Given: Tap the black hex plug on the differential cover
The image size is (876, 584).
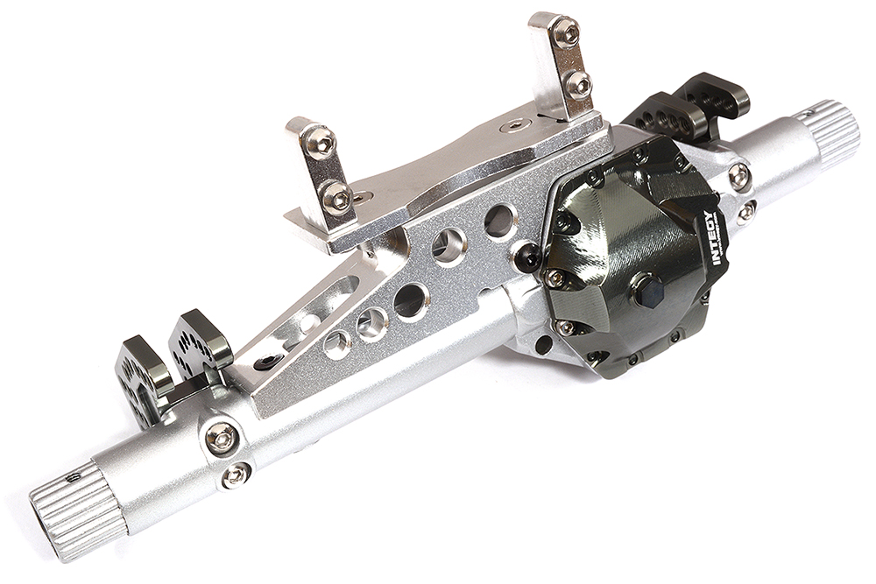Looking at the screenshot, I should pyautogui.click(x=650, y=291).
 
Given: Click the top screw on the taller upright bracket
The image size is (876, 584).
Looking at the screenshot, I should pyautogui.click(x=565, y=33).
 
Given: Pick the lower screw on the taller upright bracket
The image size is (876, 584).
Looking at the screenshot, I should pyautogui.click(x=577, y=85).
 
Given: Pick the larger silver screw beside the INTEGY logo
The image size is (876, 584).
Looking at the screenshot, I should pyautogui.click(x=738, y=176).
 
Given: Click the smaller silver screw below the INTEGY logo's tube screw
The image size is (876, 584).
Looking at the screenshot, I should pyautogui.click(x=746, y=212).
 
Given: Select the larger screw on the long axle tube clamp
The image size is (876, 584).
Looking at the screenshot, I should pyautogui.click(x=220, y=436).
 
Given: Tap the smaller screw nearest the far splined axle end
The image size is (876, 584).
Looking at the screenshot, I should pyautogui.click(x=235, y=475).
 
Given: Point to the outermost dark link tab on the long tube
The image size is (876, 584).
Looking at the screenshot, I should pyautogui.click(x=140, y=371).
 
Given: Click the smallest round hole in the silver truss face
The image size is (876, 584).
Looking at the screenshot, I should pyautogui.click(x=337, y=343).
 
